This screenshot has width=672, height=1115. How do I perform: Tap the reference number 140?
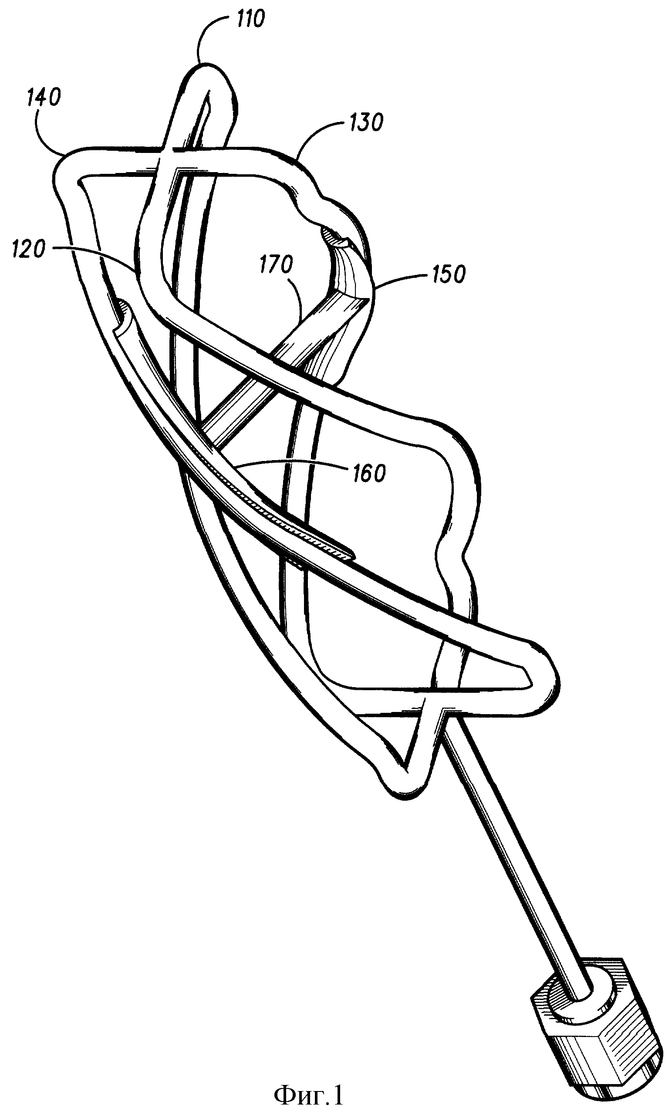click(x=44, y=98)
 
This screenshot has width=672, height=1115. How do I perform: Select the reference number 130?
click(x=367, y=122)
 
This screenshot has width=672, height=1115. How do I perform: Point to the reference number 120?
click(x=28, y=249)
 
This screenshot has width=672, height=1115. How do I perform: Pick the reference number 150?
click(x=449, y=274)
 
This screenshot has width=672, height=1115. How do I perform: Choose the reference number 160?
click(x=369, y=473)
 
